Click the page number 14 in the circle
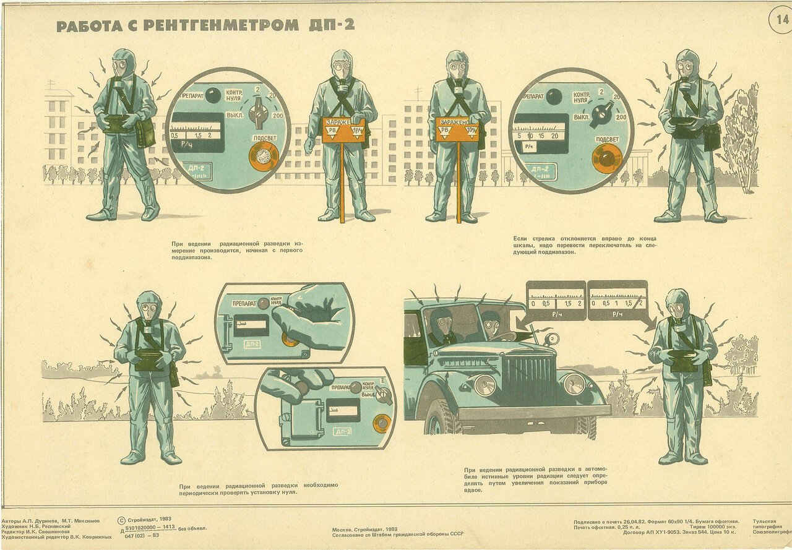coord(779,19)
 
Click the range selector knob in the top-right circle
coord(601,112)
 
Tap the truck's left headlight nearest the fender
coord(484,384)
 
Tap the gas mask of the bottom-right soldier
coord(677,306)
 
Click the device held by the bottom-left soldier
coord(148,359)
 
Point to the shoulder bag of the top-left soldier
coord(145,132)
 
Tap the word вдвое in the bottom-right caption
coord(473,490)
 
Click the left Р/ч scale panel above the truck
coord(555,301)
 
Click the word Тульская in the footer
coord(765,522)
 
